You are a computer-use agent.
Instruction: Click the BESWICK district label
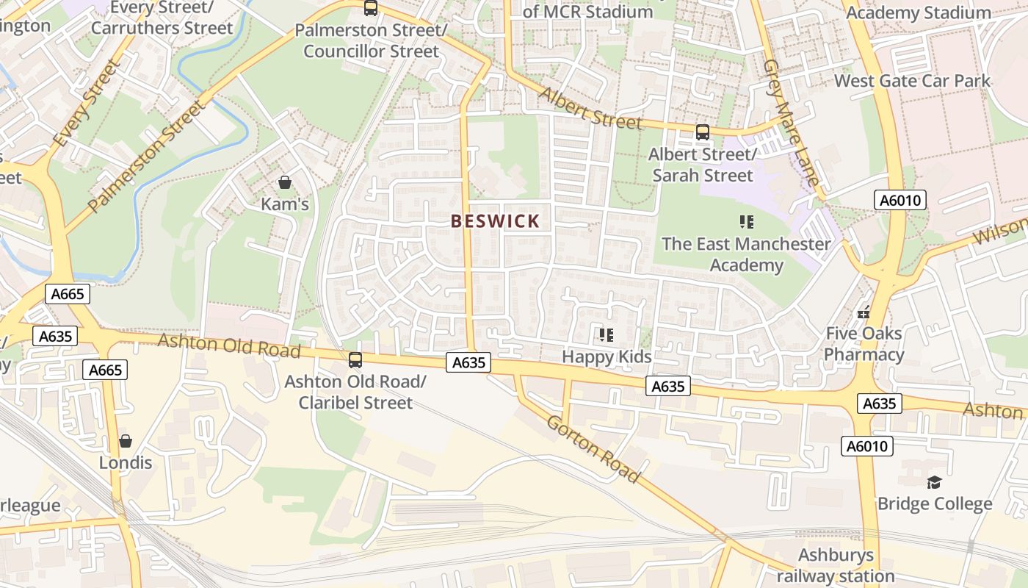496,221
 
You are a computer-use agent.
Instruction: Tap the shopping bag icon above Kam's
285,182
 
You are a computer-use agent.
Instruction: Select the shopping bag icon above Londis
126,441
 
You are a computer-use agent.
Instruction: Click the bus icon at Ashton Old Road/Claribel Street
355,360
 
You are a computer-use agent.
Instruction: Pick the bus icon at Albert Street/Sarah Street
703,132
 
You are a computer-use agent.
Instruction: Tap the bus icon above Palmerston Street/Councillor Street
371,9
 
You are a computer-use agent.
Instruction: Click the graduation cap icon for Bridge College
934,482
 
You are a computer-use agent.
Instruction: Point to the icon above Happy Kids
607,335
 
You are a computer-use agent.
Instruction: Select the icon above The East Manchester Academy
747,221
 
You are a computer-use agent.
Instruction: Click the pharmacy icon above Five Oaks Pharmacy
864,312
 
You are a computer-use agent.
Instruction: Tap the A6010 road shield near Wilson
900,200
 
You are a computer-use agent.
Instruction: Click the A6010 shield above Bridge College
866,446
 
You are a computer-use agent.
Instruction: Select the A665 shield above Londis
105,370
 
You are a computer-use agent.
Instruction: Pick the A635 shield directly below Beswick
468,362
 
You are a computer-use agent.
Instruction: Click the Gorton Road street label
593,448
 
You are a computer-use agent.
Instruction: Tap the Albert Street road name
591,108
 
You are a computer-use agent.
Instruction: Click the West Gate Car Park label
912,81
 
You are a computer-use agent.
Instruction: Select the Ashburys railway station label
836,565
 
